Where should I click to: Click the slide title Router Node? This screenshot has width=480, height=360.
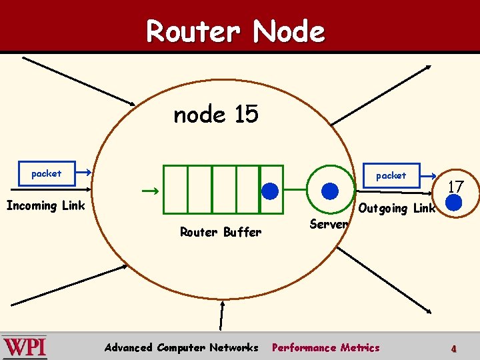(x=235, y=31)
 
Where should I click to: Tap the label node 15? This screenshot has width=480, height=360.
(x=215, y=115)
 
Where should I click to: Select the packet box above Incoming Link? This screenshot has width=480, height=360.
(x=46, y=173)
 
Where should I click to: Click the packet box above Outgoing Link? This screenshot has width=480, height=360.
(x=391, y=175)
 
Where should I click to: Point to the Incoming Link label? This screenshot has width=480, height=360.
(x=45, y=205)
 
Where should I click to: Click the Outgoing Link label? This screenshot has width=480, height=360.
(x=397, y=208)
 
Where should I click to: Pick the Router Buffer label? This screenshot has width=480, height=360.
(x=221, y=232)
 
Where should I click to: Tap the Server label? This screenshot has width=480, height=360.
(x=329, y=225)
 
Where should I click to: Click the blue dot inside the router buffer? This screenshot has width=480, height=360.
(x=270, y=191)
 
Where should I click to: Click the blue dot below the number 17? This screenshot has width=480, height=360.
(x=454, y=203)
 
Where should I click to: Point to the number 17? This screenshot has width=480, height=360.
(x=455, y=187)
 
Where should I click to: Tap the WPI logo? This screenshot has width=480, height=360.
(x=25, y=347)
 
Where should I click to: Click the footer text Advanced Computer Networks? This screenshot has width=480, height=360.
(x=181, y=347)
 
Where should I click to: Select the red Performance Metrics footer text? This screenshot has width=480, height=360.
(x=325, y=347)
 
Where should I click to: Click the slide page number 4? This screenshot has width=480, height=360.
(x=453, y=349)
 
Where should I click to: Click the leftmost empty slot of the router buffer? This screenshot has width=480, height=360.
(x=176, y=189)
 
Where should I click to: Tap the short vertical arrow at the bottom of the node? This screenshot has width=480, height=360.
(x=223, y=315)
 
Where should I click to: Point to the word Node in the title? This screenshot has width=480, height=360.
(x=289, y=31)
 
